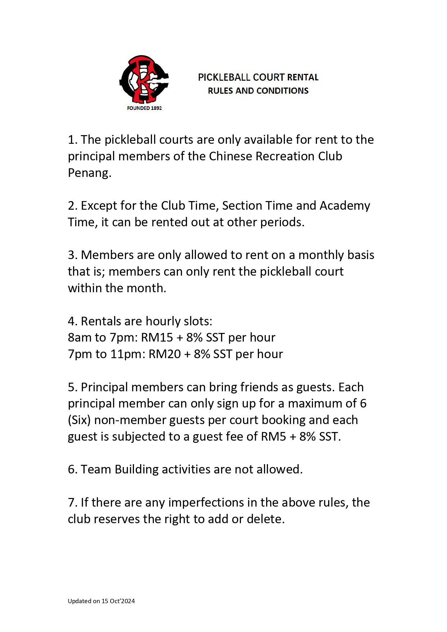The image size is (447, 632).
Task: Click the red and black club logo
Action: tap(144, 79)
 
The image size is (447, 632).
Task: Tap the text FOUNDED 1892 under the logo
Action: tap(144, 108)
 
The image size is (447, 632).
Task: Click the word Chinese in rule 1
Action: tap(231, 156)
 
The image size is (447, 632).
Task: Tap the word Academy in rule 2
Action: tap(345, 206)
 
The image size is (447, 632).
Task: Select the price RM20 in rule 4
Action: tap(165, 354)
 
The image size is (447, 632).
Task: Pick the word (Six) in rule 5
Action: tap(79, 420)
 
